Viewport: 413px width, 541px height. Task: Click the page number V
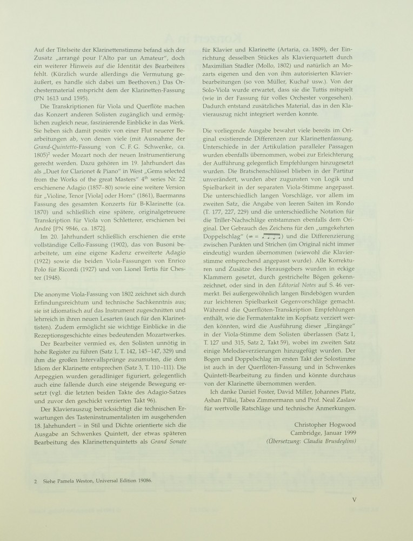[353, 500]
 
